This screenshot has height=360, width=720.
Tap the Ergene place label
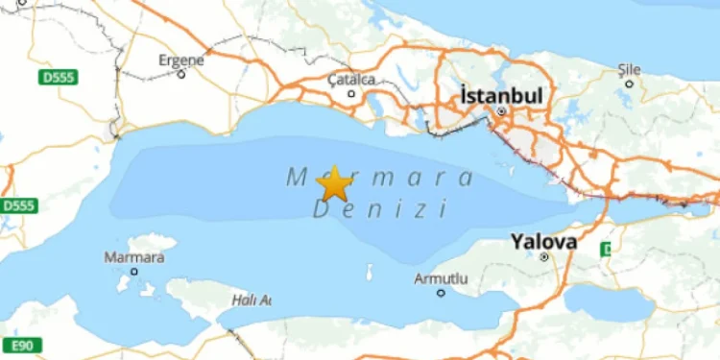click(x=181, y=60)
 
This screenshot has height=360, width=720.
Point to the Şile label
click(x=630, y=69)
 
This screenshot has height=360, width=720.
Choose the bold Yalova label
click(x=543, y=241)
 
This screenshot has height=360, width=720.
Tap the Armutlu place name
click(x=441, y=278)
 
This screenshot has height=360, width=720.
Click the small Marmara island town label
click(x=132, y=257)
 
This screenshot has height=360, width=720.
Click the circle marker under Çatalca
click(x=351, y=93)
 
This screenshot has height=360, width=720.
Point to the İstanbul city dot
click(x=500, y=111)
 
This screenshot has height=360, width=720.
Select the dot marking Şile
click(x=629, y=84)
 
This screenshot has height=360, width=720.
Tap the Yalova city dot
click(x=543, y=256)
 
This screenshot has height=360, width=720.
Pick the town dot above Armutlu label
click(x=440, y=293)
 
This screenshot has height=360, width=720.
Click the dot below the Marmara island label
click(x=134, y=272)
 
